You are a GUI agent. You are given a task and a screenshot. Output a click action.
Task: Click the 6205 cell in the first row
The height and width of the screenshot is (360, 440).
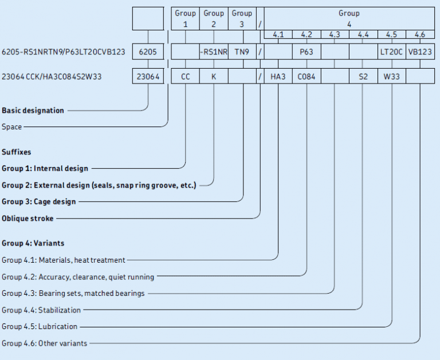tap(148, 52)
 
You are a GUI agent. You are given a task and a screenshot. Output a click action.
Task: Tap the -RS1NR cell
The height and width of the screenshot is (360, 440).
tap(214, 52)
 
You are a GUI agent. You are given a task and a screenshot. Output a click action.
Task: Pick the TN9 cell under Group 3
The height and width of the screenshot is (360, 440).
tap(242, 52)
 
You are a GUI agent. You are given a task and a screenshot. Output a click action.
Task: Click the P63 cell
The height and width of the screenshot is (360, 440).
tap(306, 52)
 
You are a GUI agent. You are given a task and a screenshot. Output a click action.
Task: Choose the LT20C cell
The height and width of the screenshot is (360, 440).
tap(391, 52)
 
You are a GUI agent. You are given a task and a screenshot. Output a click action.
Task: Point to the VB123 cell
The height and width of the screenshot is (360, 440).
tap(420, 52)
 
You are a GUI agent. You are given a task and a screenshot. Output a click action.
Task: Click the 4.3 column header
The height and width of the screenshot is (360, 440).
tap(335, 35)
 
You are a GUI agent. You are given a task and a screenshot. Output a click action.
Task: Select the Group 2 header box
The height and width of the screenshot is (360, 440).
tap(214, 18)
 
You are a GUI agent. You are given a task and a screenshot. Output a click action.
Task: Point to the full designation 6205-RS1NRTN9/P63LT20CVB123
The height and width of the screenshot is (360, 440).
tap(64, 52)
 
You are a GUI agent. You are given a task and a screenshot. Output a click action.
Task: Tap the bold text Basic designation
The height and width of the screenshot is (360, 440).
tap(33, 110)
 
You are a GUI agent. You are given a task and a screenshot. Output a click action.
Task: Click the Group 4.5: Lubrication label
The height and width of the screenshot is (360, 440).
tap(40, 326)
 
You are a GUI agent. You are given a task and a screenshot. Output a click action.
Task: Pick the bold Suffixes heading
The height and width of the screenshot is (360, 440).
tap(17, 153)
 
